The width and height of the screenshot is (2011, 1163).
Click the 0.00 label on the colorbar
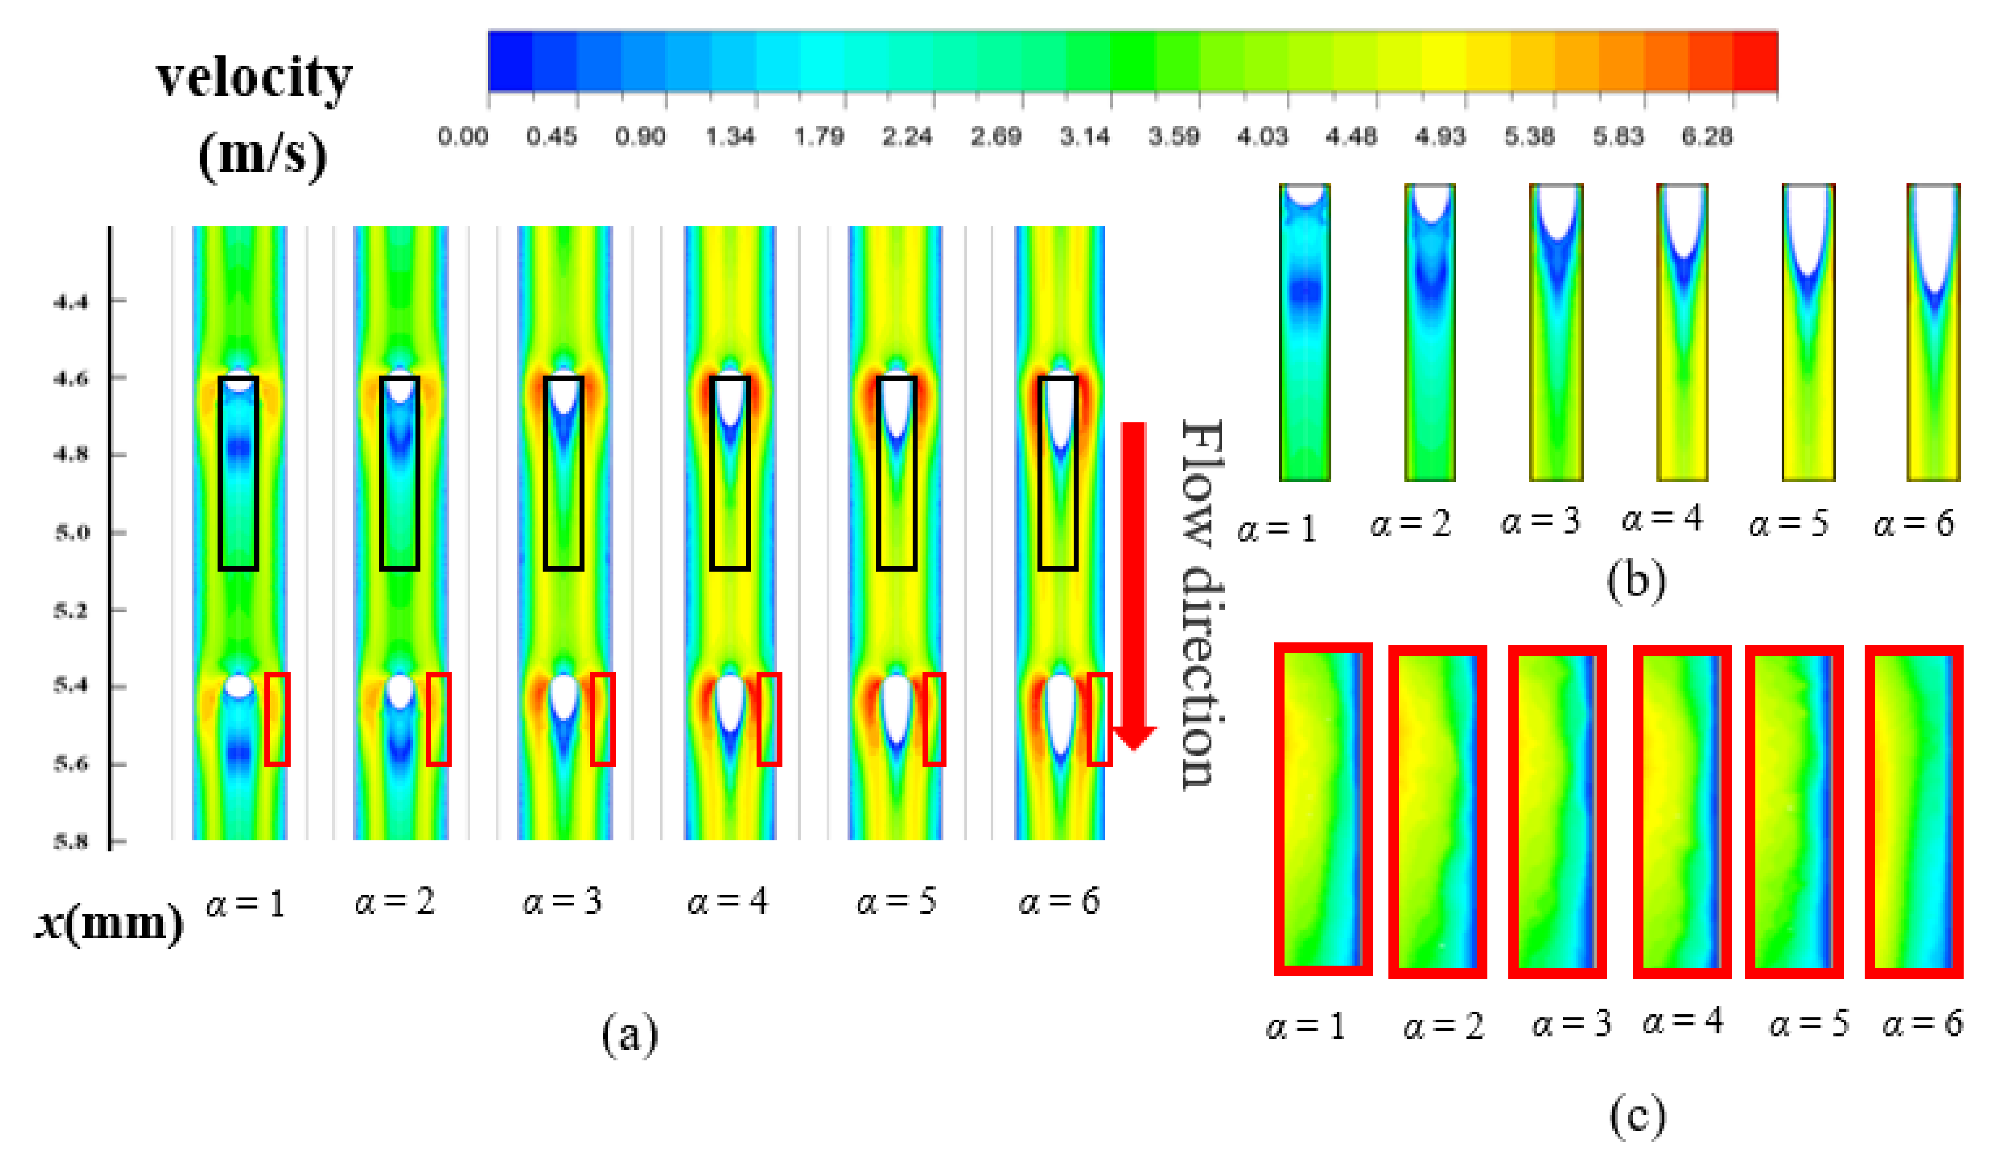tap(463, 136)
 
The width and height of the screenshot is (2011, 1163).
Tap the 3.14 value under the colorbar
tap(1085, 136)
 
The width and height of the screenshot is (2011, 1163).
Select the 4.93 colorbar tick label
tap(1441, 136)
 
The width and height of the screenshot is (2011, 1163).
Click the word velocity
tap(254, 78)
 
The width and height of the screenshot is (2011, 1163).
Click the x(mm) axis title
tap(109, 923)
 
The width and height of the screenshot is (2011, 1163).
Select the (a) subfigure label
tap(629, 1035)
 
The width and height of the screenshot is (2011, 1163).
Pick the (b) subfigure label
tap(1636, 580)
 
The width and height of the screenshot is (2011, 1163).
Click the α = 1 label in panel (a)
tap(245, 904)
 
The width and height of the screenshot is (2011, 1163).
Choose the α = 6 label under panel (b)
tap(1914, 524)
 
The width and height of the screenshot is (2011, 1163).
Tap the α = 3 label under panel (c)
tap(1570, 1024)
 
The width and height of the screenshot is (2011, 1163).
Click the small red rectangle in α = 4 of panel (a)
tap(768, 719)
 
